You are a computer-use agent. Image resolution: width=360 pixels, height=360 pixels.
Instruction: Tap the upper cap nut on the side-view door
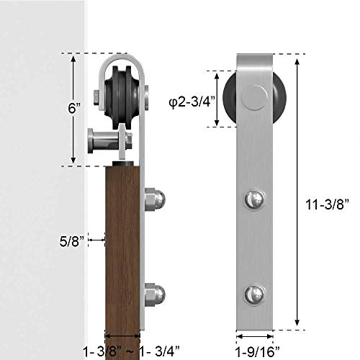(x=156, y=199)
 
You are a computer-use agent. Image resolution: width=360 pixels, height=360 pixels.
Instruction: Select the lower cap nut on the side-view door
(x=156, y=294)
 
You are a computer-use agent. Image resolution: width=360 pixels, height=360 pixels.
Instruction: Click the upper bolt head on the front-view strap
(x=256, y=198)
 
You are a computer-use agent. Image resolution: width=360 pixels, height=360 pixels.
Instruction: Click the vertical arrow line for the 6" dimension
(x=73, y=109)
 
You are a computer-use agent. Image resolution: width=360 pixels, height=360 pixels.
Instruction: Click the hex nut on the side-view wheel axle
(x=96, y=96)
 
